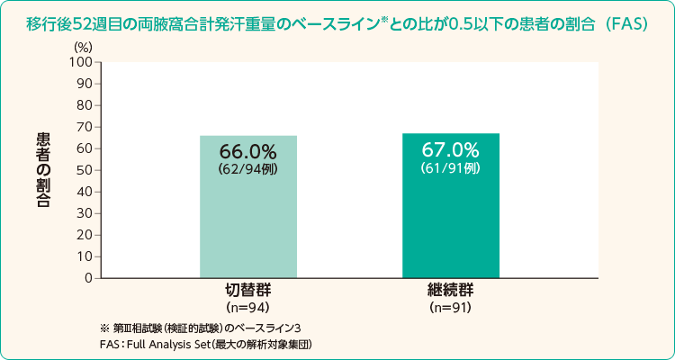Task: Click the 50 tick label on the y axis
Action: [x=85, y=170]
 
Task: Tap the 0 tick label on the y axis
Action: [x=89, y=278]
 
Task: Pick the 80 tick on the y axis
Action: [x=85, y=105]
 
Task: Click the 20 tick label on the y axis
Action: [x=85, y=235]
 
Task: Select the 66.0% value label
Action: [x=248, y=151]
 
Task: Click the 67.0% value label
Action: [x=451, y=149]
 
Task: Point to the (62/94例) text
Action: [x=248, y=168]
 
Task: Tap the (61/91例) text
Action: [x=451, y=166]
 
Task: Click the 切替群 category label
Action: [x=248, y=292]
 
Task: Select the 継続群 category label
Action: [x=451, y=292]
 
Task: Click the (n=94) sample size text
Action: [x=248, y=308]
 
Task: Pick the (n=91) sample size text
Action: [x=451, y=308]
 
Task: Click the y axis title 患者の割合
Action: [x=43, y=170]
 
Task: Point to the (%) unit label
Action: [x=83, y=46]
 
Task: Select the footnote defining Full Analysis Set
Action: [x=207, y=344]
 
